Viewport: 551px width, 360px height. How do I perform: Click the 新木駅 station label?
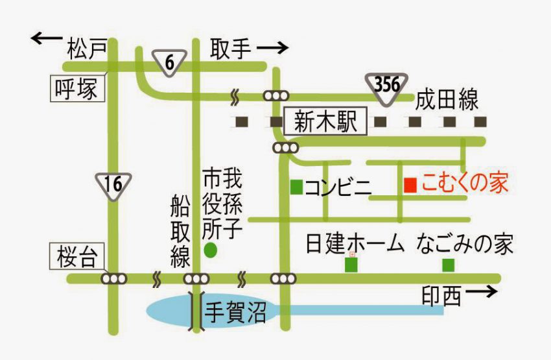325,122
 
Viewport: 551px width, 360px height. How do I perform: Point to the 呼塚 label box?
78,89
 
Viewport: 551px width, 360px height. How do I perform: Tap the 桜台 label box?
77,256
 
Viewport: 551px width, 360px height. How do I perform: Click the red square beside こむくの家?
410,186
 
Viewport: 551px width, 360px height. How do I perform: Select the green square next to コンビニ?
297,187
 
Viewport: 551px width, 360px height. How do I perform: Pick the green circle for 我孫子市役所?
211,250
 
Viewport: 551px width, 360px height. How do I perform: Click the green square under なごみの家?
448,265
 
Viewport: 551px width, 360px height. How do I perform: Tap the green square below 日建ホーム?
351,265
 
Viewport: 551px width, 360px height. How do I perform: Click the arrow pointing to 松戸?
47,38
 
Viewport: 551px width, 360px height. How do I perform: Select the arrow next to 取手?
273,48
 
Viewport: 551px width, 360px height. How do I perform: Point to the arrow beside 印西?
482,291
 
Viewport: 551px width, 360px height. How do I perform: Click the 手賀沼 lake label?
235,313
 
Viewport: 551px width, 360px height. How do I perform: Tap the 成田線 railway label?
447,99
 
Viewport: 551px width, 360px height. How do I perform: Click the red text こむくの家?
465,183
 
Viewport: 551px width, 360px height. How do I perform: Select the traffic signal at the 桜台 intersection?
114,279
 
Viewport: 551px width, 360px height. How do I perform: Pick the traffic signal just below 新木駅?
286,148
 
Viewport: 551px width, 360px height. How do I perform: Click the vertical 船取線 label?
180,231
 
